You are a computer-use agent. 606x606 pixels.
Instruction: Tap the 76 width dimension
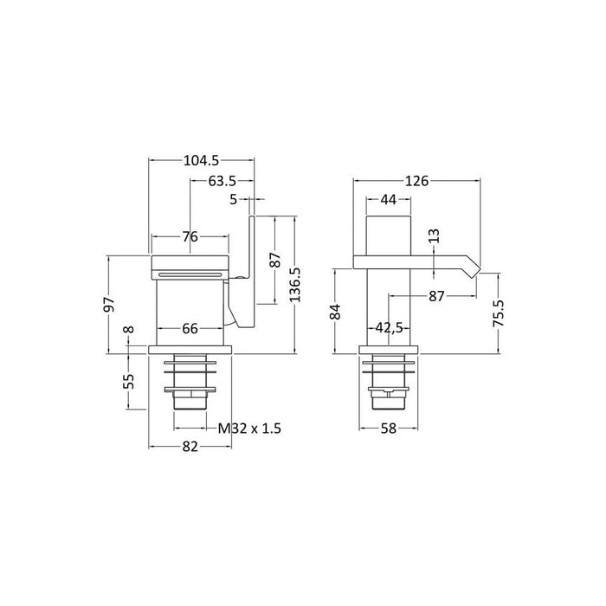pyautogui.click(x=190, y=236)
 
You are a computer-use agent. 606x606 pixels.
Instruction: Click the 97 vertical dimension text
pyautogui.click(x=109, y=305)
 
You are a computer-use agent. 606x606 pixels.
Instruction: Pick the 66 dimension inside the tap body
pyautogui.click(x=190, y=329)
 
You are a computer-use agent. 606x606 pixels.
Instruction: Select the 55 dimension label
pyautogui.click(x=130, y=380)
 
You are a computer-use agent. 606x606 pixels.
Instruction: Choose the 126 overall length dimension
pyautogui.click(x=417, y=181)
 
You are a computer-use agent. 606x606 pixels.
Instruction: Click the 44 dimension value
pyautogui.click(x=388, y=200)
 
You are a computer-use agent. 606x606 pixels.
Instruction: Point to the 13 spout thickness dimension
pyautogui.click(x=434, y=235)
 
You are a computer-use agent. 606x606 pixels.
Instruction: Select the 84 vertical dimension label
pyautogui.click(x=336, y=312)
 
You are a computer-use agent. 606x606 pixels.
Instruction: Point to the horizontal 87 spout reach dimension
pyautogui.click(x=436, y=296)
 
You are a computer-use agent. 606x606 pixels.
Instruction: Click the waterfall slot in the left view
pyautogui.click(x=192, y=274)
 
